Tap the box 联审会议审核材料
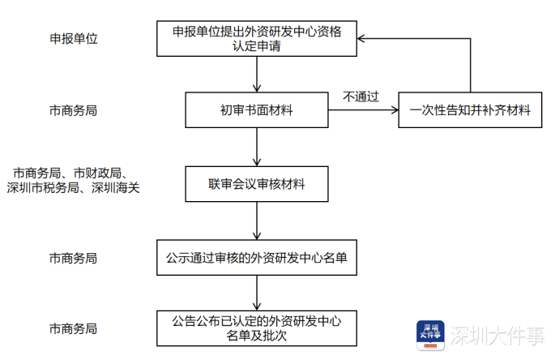tap(256, 184)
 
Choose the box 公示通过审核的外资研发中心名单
tap(256, 259)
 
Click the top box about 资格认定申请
tap(256, 39)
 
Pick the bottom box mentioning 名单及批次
tap(256, 329)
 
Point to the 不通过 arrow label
tap(361, 96)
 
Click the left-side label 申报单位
tap(73, 39)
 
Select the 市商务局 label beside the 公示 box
tap(73, 259)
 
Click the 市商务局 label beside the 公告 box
tap(73, 329)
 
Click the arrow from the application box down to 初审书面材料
tap(256, 74)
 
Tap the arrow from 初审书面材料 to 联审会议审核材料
tap(256, 147)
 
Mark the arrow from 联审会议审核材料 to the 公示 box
tap(256, 221)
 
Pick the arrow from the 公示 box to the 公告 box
tap(256, 294)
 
